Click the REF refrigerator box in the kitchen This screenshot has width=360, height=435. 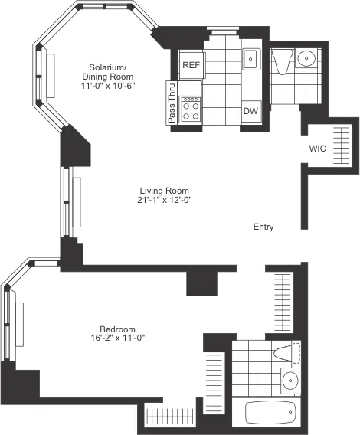[x=191, y=65]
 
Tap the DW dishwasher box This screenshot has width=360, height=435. [x=250, y=111]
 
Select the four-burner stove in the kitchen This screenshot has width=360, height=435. [x=191, y=108]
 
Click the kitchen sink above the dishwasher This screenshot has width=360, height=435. [x=250, y=59]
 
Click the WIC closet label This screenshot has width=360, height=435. [x=318, y=148]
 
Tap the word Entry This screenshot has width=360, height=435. [x=263, y=227]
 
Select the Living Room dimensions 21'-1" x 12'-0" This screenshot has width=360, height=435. [x=164, y=201]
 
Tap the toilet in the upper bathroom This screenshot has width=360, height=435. [x=281, y=61]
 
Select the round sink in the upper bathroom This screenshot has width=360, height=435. [x=306, y=58]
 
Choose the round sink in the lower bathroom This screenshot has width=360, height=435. [x=290, y=380]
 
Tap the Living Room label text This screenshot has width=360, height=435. [x=164, y=191]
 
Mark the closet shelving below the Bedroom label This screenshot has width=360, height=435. [x=165, y=417]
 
